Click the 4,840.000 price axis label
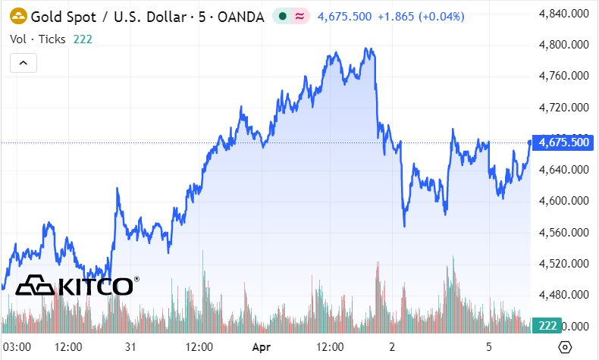coord(564,14)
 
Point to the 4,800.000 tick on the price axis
coord(564,45)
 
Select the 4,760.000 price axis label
coord(564,76)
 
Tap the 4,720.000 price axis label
coord(564,108)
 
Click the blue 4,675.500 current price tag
coord(562,142)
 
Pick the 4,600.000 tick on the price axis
coord(564,201)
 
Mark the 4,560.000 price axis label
coord(564,233)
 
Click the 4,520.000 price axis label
coord(564,264)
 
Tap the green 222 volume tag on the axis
coord(547,325)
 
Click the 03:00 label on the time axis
coord(17,347)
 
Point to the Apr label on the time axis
coord(262,347)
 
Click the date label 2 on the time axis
coord(392,347)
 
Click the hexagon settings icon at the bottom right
coord(565,347)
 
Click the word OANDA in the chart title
coord(237,15)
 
